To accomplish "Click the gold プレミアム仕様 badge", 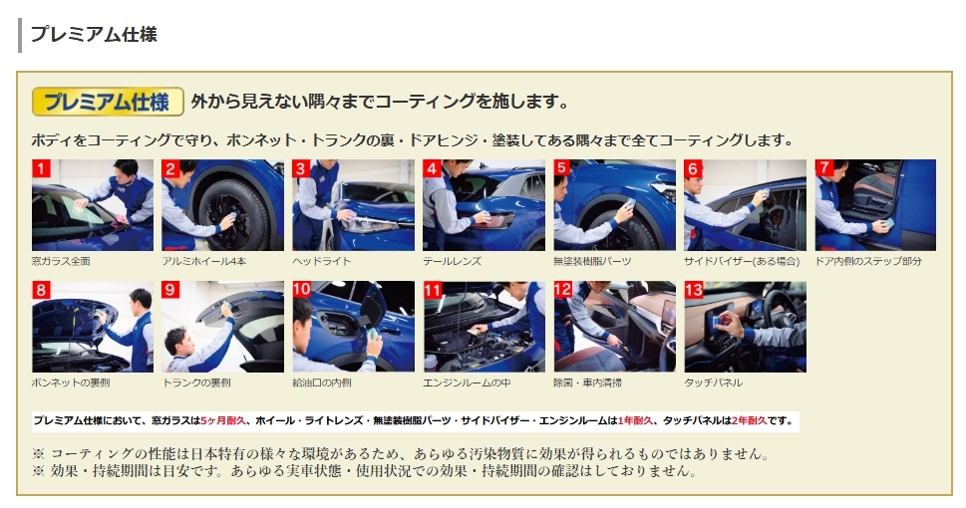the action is tap(108, 102).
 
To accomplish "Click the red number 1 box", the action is tap(41, 168).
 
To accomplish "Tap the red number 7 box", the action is tap(824, 168).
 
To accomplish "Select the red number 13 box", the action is tap(694, 290).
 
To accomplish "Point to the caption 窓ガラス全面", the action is tap(61, 261).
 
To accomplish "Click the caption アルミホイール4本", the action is tap(204, 261).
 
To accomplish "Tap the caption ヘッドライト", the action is tap(322, 261).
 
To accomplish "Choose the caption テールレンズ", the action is tap(453, 261).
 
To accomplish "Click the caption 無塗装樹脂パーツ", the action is tap(592, 261).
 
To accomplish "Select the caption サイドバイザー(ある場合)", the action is tap(742, 261).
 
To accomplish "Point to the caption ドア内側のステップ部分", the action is tap(868, 261).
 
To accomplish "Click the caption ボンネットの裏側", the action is tap(70, 382).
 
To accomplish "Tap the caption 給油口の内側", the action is tap(322, 382).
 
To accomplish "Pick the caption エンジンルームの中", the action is tap(467, 382).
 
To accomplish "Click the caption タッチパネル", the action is tap(714, 382).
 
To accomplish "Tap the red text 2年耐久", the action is tap(749, 420).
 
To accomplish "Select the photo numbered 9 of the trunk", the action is tap(223, 327).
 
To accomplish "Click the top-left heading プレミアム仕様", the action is tap(94, 34).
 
